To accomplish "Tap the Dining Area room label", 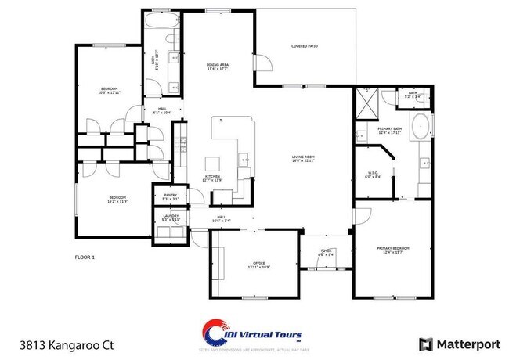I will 218,67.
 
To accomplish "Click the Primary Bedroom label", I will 394,250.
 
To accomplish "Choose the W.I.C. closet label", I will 374,175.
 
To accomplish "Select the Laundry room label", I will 171,218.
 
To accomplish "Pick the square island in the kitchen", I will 213,164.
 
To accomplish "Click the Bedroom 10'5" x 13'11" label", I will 109,91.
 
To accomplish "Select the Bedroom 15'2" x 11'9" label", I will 117,199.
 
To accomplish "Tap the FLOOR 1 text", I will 84,257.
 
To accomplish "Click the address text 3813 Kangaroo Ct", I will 52,344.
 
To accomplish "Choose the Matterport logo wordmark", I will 458,344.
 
